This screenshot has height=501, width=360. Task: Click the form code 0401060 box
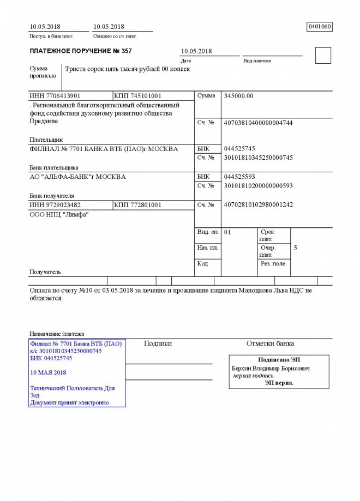[320, 27]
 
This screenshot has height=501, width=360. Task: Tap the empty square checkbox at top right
[323, 56]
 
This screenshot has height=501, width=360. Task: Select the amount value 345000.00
[239, 96]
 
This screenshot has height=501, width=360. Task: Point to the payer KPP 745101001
[138, 96]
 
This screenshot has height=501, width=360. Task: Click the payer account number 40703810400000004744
[258, 123]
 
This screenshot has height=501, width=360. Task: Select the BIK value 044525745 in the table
[239, 149]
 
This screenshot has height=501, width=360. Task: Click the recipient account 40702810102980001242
[258, 205]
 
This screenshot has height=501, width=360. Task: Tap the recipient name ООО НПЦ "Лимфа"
[59, 215]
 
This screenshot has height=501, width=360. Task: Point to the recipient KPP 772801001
[138, 205]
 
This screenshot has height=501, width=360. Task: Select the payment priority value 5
[295, 248]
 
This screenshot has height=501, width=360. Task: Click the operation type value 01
[228, 232]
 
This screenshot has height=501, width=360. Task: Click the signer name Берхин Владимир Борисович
[271, 369]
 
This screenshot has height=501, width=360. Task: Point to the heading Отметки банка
[270, 343]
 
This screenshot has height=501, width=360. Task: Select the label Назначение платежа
[57, 334]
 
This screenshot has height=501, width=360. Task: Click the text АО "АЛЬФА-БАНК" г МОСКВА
[77, 177]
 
